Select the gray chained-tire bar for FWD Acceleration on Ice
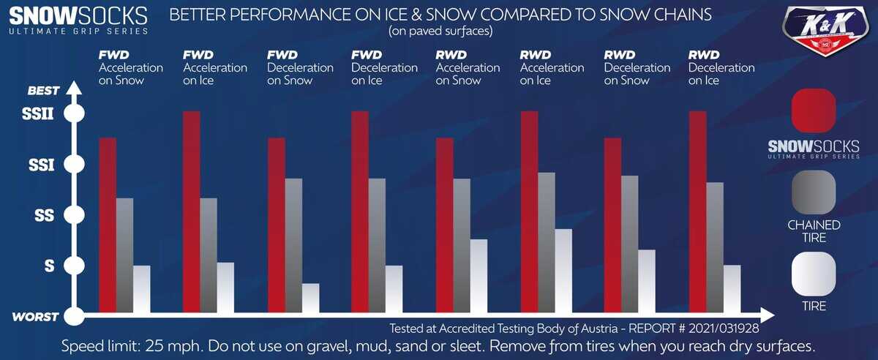[209, 255]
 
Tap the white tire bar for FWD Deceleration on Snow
[310, 298]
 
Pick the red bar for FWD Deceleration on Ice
[360, 211]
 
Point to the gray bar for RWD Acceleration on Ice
[547, 242]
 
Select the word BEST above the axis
[42, 91]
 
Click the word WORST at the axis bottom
[35, 318]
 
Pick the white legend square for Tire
[814, 274]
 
